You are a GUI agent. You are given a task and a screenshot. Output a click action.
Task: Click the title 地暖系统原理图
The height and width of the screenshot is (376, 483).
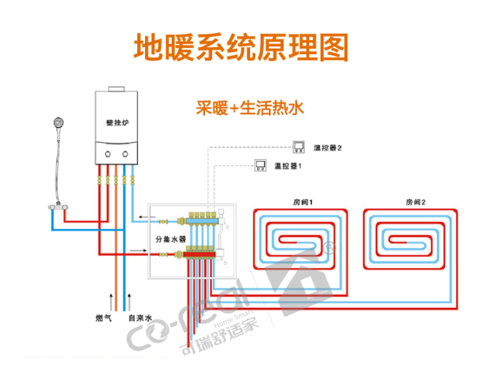click(x=241, y=46)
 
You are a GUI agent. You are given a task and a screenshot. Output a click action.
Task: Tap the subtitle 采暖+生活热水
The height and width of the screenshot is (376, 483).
click(x=250, y=108)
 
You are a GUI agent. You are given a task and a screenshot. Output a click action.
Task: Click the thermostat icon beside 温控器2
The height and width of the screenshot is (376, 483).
click(x=297, y=148)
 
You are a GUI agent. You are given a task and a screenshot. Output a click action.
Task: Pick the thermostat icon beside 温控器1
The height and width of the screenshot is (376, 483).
click(x=260, y=166)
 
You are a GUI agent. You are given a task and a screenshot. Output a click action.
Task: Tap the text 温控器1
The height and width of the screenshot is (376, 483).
click(x=289, y=166)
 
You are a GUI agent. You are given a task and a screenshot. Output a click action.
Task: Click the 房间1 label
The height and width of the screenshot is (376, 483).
click(x=294, y=202)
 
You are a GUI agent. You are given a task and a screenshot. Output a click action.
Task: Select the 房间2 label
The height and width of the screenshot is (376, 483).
click(x=415, y=202)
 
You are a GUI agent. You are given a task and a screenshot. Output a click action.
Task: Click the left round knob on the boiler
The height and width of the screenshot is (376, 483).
click(x=105, y=153)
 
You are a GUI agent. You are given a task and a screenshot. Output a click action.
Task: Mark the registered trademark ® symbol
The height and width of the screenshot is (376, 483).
click(x=329, y=249)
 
